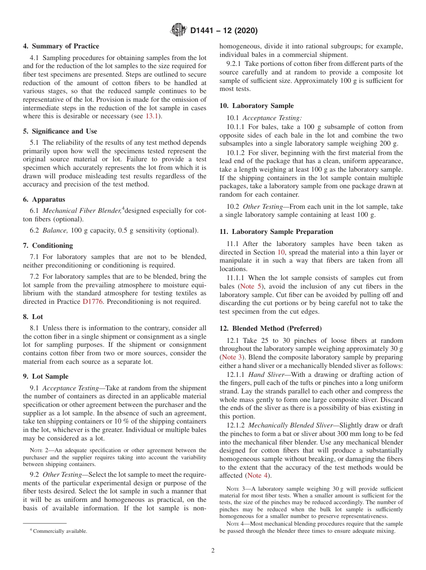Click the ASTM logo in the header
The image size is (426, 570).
178,30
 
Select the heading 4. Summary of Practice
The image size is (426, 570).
61,46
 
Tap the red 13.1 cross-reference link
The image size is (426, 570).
154,117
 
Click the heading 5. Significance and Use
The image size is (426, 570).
60,131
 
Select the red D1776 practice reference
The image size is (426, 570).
92,302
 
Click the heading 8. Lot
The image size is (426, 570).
33,316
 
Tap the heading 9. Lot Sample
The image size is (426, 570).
46,376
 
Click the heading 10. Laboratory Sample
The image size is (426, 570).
256,106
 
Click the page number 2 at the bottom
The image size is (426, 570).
213,551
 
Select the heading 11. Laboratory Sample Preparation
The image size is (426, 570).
276,232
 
